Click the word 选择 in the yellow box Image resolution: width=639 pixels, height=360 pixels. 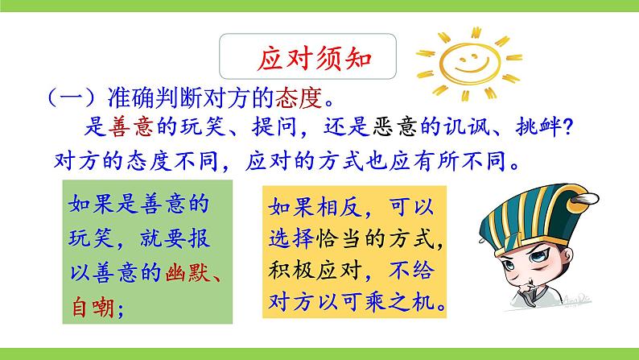pyautogui.click(x=289, y=239)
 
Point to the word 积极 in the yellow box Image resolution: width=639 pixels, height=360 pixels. pyautogui.click(x=289, y=272)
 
